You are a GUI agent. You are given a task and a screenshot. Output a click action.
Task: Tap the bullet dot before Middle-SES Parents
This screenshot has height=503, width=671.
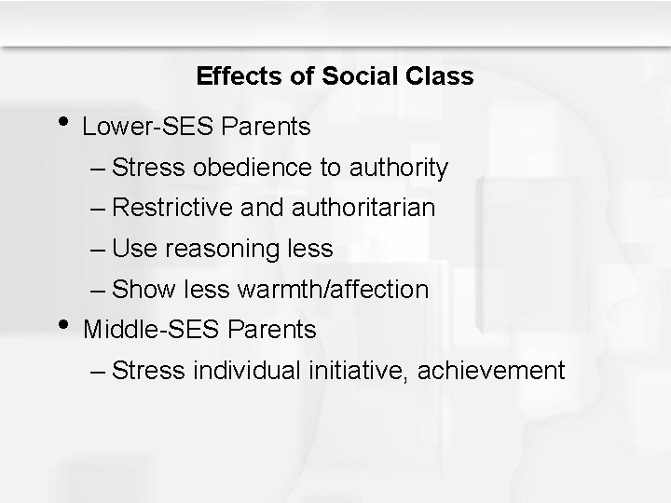pyautogui.click(x=63, y=324)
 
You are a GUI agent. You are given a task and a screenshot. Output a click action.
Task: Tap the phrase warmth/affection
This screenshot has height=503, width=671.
pyautogui.click(x=334, y=290)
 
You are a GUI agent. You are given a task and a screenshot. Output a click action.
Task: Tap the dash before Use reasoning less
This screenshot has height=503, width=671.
pyautogui.click(x=98, y=249)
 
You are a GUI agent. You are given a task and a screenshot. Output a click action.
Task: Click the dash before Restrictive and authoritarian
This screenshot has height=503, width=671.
pyautogui.click(x=98, y=208)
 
